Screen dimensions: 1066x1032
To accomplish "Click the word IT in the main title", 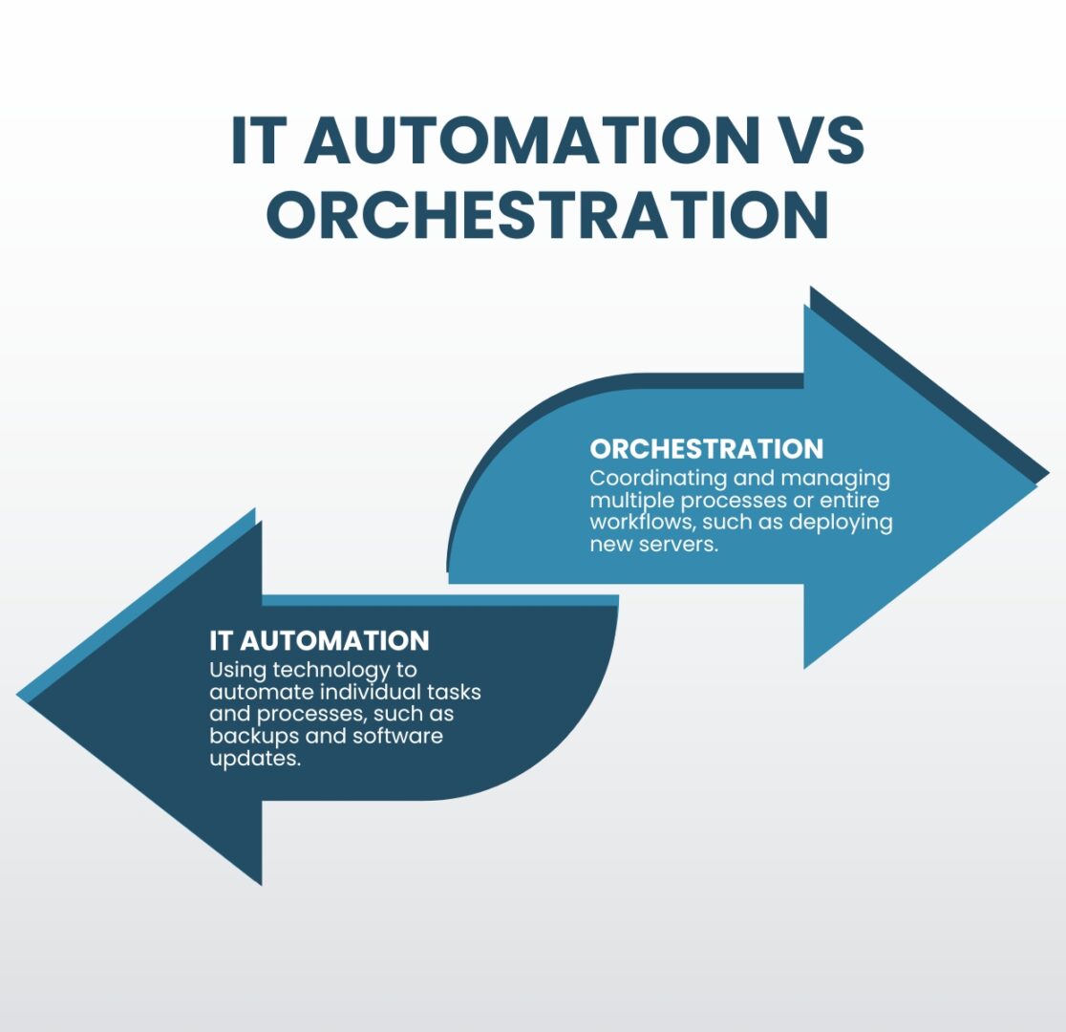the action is (255, 140).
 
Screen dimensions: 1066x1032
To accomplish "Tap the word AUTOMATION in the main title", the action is (531, 140).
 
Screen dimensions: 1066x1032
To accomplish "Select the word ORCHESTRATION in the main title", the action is (548, 214).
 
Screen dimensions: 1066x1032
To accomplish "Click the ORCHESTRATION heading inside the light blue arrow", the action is (706, 449).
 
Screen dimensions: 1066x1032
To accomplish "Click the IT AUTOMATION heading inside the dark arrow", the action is (320, 641).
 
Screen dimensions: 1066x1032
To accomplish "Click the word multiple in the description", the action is (631, 502).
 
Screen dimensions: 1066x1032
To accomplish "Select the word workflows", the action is (638, 523).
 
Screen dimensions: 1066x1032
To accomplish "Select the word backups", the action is (254, 737).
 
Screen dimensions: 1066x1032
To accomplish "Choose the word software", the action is (398, 736).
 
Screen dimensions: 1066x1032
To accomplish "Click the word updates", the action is (255, 759).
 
